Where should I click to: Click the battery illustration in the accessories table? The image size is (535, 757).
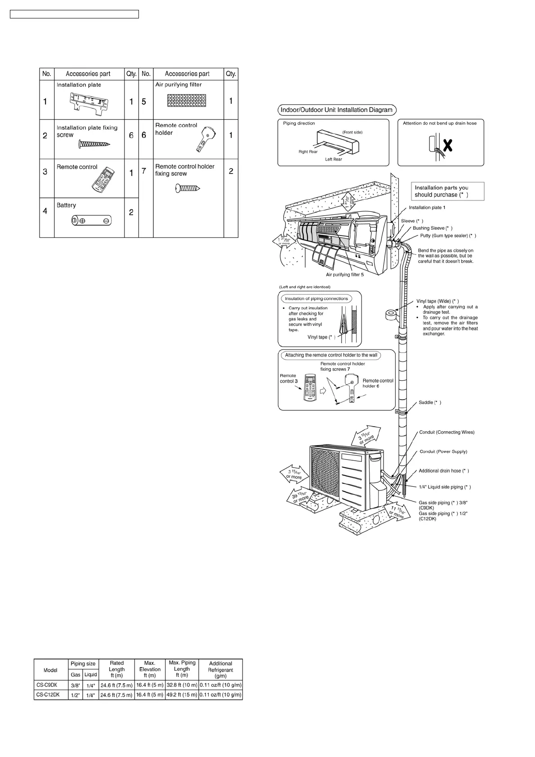click(92, 221)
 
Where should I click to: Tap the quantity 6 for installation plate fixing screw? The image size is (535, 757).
click(131, 135)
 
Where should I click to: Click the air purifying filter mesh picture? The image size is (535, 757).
click(186, 100)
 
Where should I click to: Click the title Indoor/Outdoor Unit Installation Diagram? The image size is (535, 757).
click(337, 110)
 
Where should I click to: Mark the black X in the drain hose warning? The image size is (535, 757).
click(447, 145)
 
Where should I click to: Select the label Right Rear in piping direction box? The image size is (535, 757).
click(308, 152)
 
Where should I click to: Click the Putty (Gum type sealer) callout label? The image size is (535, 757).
click(448, 236)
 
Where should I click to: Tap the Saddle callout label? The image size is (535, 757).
click(430, 403)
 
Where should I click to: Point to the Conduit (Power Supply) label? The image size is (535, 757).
click(443, 452)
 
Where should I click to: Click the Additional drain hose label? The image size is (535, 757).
click(444, 471)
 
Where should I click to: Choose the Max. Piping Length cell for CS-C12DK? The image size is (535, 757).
click(182, 695)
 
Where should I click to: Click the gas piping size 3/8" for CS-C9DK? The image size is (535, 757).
click(76, 686)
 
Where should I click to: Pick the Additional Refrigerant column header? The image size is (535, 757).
click(220, 669)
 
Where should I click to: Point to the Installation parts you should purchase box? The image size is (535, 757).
click(447, 191)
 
